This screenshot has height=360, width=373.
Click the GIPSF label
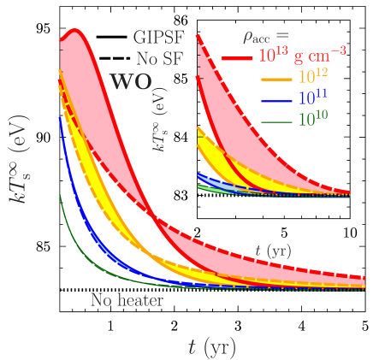pos(159,37)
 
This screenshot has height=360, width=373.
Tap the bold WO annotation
pos(132,83)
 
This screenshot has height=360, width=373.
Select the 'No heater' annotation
pos(127,301)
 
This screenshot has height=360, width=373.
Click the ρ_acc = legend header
pos(266,36)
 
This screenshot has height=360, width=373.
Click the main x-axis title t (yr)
pos(211,347)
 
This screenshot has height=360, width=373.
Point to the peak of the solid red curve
pos(75,32)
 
